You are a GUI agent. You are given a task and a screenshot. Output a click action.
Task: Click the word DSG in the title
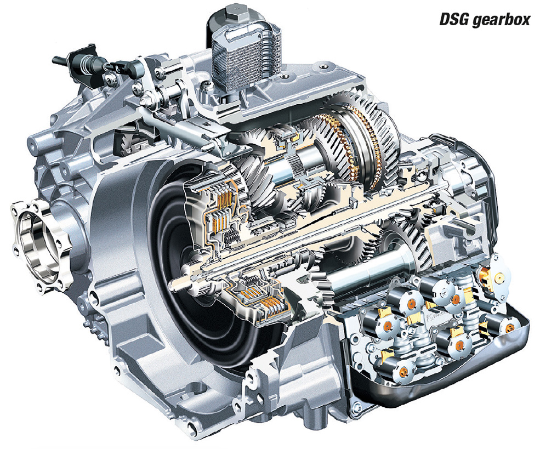pyautogui.click(x=454, y=20)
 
